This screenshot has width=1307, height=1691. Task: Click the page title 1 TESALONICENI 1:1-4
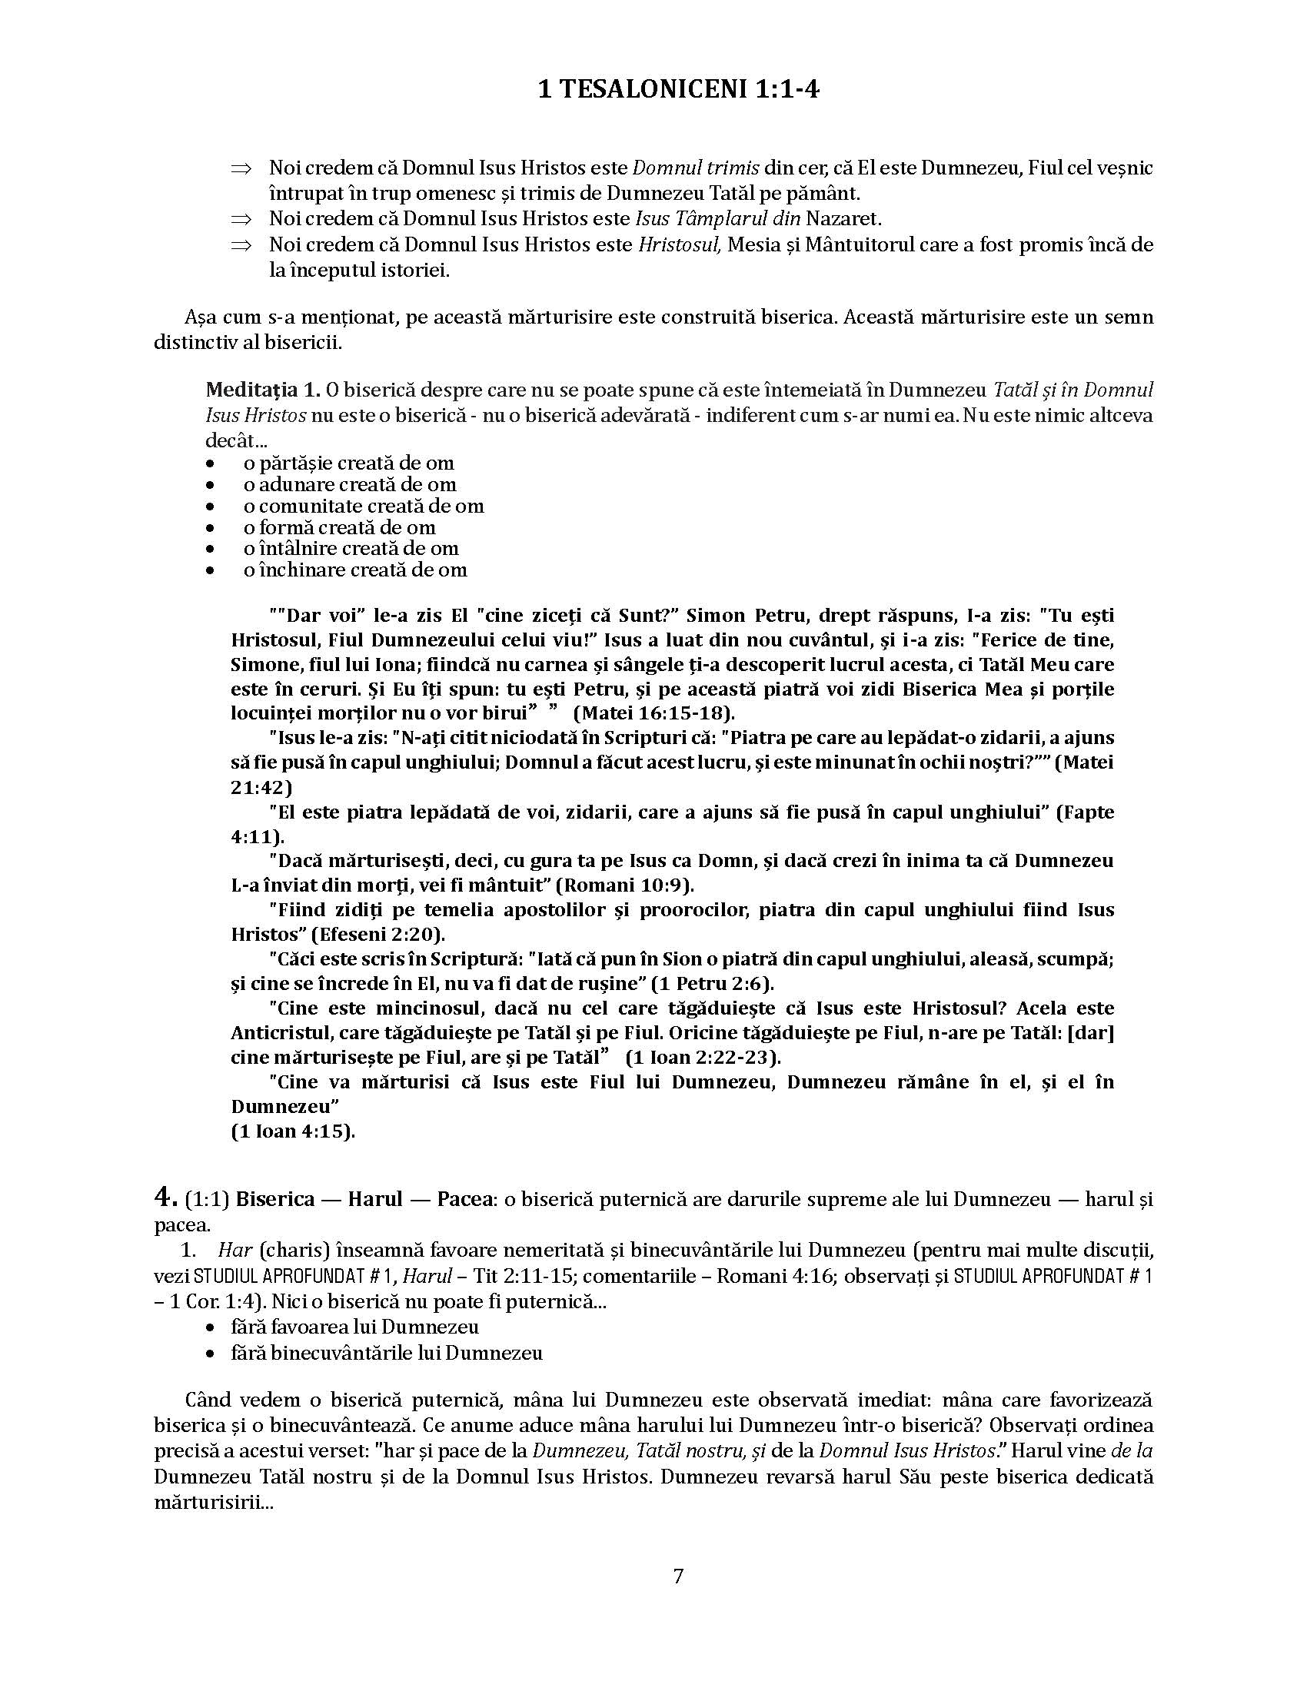tap(678, 91)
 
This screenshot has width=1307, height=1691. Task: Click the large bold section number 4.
tap(166, 1197)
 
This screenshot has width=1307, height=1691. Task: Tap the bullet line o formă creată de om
tap(339, 527)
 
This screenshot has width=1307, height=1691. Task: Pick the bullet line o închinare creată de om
tap(354, 570)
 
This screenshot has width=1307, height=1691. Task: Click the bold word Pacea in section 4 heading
tap(464, 1199)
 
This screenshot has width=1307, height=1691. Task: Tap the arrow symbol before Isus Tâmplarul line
tap(242, 220)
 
